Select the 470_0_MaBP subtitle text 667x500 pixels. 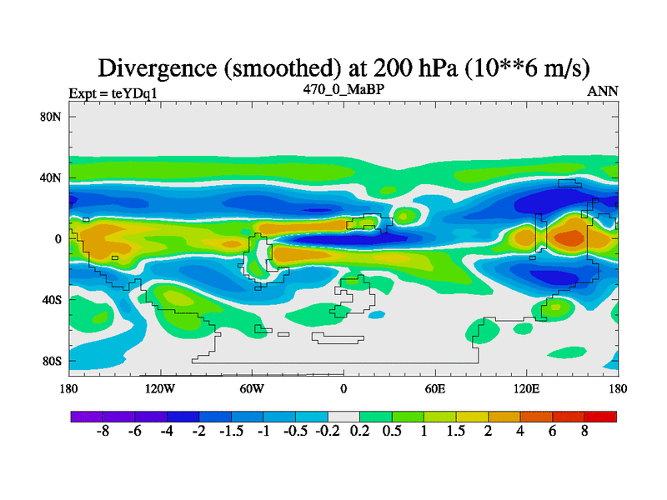coord(343,88)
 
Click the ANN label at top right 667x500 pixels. coord(603,92)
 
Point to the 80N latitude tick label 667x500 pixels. coord(52,117)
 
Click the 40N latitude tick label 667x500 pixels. coord(52,177)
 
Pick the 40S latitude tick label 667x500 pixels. coord(52,299)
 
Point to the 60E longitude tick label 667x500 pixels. coord(435,389)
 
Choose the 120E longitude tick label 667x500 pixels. coord(527,389)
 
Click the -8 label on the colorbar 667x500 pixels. coord(103,432)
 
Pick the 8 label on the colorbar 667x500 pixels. coord(584,432)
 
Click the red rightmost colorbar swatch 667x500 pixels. coord(600,416)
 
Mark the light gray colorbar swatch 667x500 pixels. coord(344,416)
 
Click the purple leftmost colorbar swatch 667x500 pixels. coord(87,416)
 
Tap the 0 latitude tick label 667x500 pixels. coord(58,238)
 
